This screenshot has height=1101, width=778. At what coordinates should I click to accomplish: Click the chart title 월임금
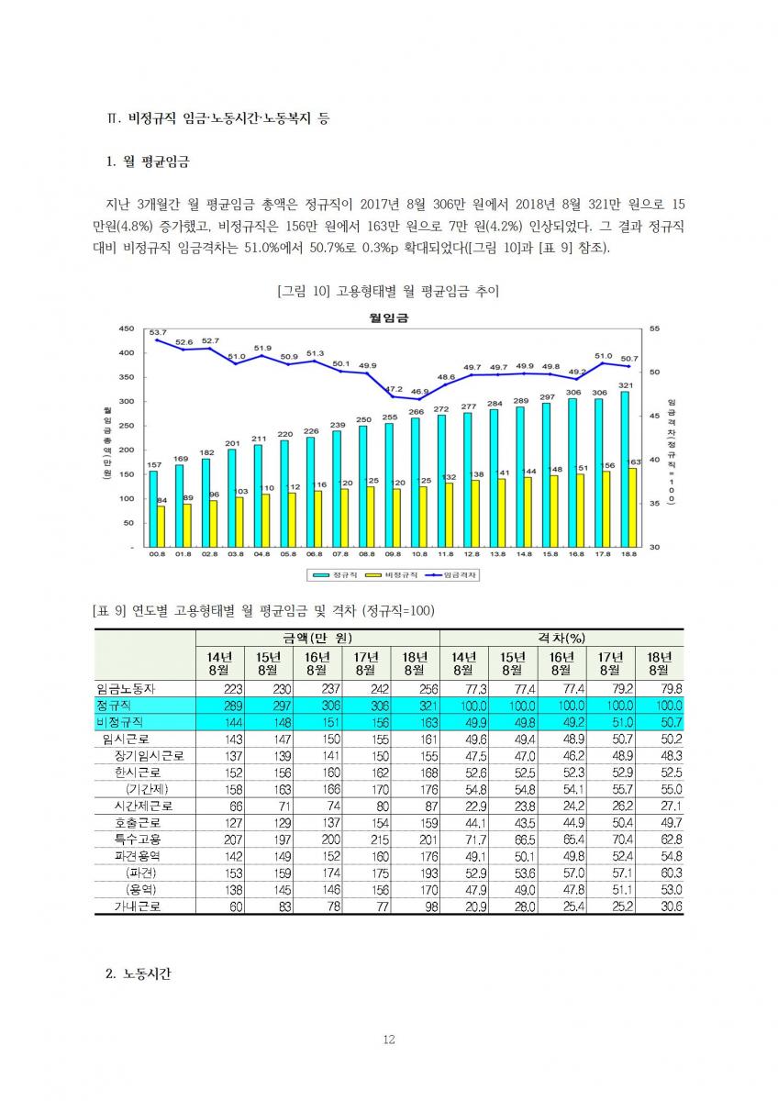(389, 317)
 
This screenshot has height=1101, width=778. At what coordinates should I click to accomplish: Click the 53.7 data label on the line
(157, 331)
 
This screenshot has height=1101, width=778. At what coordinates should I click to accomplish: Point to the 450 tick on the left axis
(128, 328)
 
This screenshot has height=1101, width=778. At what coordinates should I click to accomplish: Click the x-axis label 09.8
(394, 555)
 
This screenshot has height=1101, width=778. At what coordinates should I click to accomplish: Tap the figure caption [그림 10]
(388, 291)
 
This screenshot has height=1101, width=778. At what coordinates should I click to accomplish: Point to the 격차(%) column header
(561, 638)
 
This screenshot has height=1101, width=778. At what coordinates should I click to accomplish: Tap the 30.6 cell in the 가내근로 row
(665, 906)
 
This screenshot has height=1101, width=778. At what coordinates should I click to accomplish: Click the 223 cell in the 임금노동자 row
(228, 689)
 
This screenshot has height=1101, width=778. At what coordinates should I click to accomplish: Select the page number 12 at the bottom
(388, 1040)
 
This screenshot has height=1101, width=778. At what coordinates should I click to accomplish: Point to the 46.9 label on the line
(419, 392)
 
